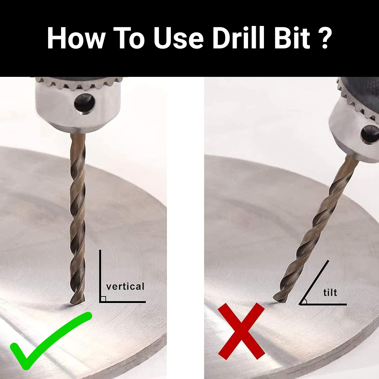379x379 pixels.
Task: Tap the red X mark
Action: pos(241,331)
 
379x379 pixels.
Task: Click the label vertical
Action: pos(125,286)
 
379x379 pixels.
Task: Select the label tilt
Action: pos(330,292)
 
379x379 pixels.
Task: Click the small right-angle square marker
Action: pos(103,299)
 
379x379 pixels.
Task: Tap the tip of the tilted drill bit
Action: pos(279,299)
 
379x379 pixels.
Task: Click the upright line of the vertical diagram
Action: pos(100,275)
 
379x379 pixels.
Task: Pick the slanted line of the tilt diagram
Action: pos(314,282)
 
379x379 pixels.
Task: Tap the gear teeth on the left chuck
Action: pos(79,83)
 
